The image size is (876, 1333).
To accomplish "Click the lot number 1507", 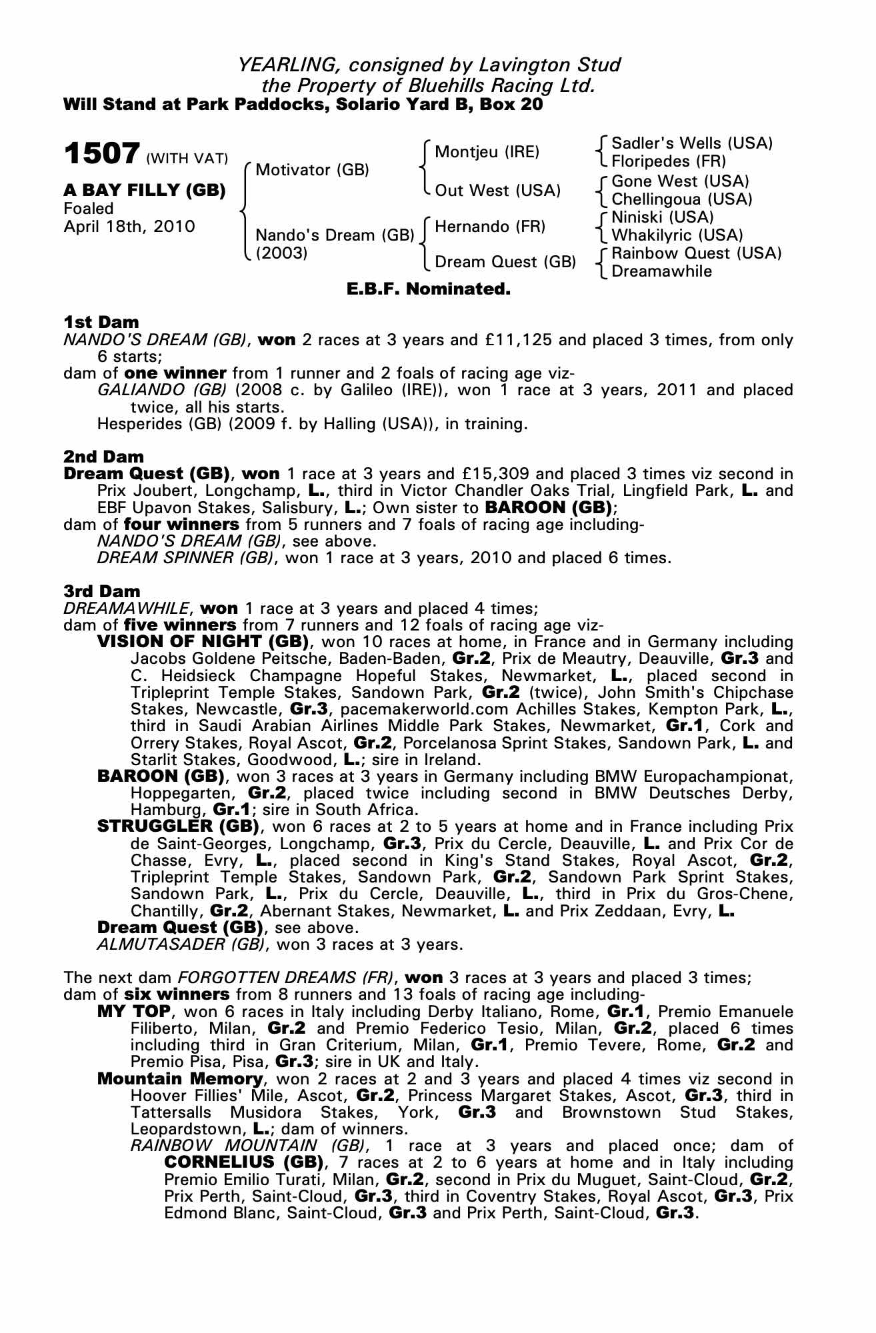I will point(101,153).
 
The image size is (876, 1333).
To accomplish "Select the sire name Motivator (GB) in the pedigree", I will point(312,170).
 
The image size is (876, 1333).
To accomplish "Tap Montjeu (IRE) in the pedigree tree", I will point(487,152).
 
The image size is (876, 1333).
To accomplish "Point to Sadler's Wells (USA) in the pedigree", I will point(691,143).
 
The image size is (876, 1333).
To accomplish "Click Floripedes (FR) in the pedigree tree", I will point(668,161).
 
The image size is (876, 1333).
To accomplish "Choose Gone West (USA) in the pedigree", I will point(680,181).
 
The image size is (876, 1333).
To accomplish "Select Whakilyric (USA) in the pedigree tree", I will point(677,235).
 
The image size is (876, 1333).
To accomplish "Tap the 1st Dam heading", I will point(101,323).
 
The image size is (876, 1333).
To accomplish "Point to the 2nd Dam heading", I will point(103,457).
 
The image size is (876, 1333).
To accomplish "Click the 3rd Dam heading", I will point(102,591).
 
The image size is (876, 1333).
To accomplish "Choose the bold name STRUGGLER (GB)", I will point(178,826).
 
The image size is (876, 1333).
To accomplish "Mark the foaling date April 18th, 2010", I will point(129,227).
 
